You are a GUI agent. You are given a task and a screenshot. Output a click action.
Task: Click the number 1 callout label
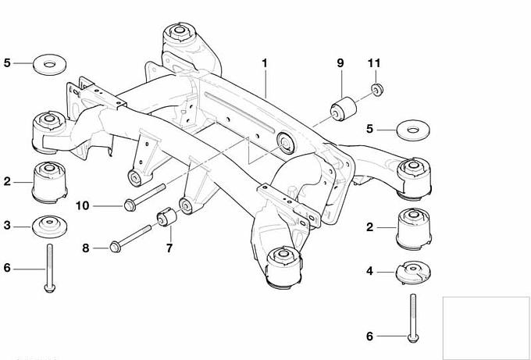pyautogui.click(x=265, y=61)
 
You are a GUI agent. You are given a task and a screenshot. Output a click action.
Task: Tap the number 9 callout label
pyautogui.click(x=340, y=62)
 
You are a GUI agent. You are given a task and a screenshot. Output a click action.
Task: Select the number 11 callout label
pyautogui.click(x=373, y=62)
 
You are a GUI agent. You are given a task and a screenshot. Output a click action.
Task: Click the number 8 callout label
pyautogui.click(x=86, y=248)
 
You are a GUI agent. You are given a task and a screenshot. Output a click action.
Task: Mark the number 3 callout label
pyautogui.click(x=6, y=226)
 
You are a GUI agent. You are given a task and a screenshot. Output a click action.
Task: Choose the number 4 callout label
pyautogui.click(x=369, y=272)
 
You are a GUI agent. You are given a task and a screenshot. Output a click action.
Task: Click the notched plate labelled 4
pyautogui.click(x=414, y=273)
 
